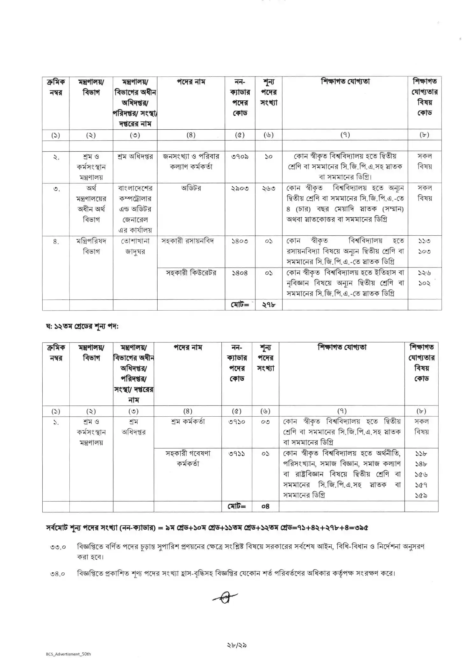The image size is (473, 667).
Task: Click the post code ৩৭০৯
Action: [240, 156]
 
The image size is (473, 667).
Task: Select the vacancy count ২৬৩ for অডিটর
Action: [269, 188]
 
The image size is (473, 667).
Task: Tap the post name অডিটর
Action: [191, 188]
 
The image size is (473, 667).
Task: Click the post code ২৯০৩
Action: [240, 188]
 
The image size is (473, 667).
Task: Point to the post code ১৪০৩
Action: [240, 241]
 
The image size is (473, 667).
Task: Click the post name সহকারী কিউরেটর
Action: [191, 273]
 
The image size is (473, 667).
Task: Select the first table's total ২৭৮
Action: [269, 305]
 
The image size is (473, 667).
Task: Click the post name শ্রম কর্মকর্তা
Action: [188, 422]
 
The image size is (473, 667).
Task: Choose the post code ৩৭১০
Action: [237, 422]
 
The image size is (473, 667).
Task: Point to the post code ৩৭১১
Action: [237, 454]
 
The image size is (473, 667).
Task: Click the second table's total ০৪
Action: [265, 506]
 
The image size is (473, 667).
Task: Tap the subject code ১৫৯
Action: [421, 496]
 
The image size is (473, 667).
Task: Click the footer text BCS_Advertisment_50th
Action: [68, 654]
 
